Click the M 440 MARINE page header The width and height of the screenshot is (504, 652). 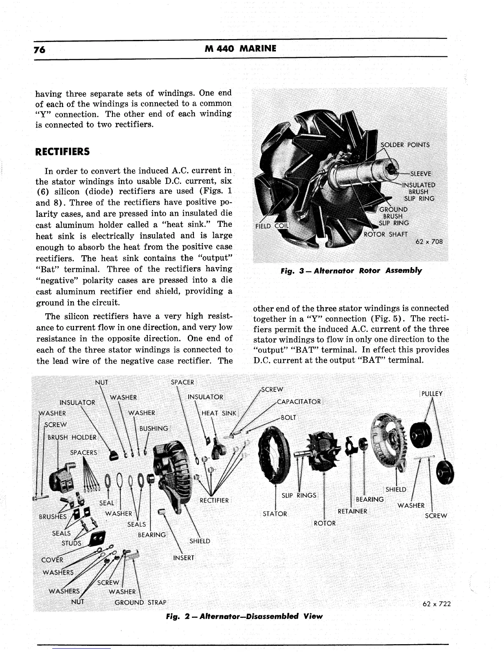pos(240,49)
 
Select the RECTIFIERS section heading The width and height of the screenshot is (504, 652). pos(62,151)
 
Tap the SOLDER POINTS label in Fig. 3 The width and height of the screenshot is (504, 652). pos(405,145)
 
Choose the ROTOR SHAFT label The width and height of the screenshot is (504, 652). pos(386,235)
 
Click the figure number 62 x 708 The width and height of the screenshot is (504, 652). pos(429,242)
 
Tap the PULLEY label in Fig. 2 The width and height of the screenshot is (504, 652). pos(432,394)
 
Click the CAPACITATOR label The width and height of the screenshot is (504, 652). pos(299,402)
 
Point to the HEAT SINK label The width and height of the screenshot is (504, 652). pos(218,413)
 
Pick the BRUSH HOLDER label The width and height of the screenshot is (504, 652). pos(72,437)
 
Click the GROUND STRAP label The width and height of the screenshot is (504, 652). pos(140,603)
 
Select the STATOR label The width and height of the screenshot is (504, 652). pos(275,514)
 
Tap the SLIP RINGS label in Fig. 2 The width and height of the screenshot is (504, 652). pos(299,495)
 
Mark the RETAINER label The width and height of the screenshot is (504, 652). pos(352,511)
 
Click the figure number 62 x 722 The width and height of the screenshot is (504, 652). pos(436,604)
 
